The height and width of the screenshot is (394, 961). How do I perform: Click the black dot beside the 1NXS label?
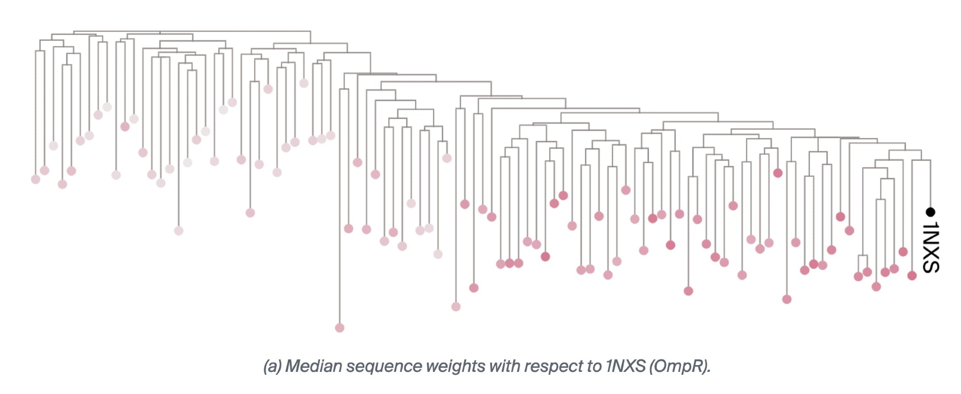pos(930,211)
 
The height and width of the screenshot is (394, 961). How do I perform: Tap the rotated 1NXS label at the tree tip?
pos(931,247)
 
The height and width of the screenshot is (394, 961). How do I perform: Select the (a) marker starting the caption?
pos(272,366)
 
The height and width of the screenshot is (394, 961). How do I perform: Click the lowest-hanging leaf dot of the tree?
pos(340,328)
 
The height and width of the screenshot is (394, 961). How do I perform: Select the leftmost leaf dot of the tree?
pos(36,179)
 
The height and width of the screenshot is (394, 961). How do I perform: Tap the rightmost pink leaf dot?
pos(912,275)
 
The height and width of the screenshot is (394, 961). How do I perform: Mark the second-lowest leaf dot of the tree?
pos(456,307)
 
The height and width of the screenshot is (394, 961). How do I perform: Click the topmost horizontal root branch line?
pos(192,32)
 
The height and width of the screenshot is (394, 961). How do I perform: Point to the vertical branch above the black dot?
pos(930,183)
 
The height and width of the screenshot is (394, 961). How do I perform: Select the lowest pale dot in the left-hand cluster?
pos(179,231)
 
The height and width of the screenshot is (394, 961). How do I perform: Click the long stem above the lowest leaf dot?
pos(340,207)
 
